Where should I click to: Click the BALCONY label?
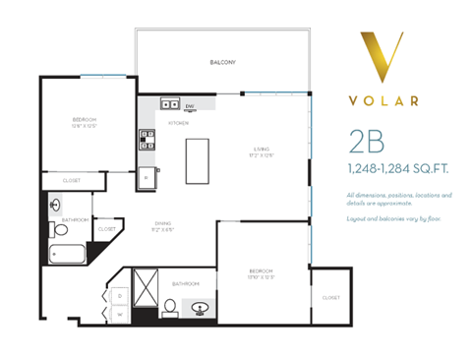coord(222,62)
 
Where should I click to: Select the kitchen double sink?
coord(169,102)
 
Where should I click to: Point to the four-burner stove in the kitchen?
coord(147,138)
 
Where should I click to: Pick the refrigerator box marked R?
coord(147,177)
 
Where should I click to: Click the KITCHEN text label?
coord(178,123)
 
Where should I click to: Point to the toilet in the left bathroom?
coord(60,230)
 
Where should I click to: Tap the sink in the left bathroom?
coord(56,206)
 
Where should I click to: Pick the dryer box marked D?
coord(119,294)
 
